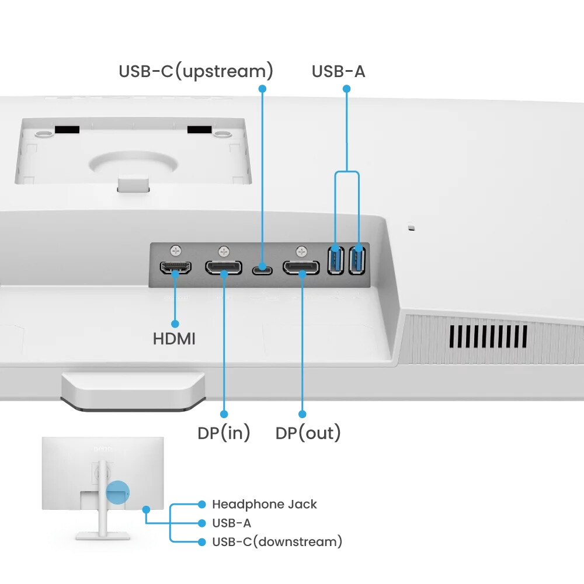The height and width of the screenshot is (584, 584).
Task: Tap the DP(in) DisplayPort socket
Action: point(224,268)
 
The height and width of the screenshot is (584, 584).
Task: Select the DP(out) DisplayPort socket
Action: point(301,268)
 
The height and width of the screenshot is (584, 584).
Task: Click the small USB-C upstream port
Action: point(262,270)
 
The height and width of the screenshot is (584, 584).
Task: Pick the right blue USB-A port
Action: point(357,260)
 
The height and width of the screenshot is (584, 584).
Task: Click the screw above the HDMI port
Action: point(176,251)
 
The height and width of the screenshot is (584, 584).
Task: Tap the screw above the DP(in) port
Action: point(224,251)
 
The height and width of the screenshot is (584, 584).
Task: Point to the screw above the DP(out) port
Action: point(301,251)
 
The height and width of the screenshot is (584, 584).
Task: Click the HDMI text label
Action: point(174,339)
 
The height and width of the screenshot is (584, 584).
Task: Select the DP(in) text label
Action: point(224,433)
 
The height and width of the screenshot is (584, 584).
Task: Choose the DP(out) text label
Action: point(308,433)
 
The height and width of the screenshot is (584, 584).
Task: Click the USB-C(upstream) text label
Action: point(196,72)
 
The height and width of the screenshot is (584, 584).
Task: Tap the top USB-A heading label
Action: point(338,72)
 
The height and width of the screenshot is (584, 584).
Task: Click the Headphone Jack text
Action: point(264,504)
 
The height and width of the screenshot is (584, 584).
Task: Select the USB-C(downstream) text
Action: point(277,542)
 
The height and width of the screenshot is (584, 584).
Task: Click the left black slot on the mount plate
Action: point(67,128)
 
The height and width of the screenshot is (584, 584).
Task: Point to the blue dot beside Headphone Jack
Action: point(202,504)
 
